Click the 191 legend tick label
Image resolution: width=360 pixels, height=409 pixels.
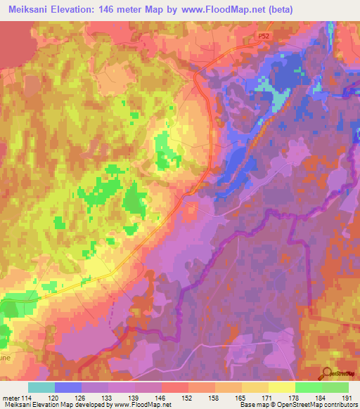pos(346,397)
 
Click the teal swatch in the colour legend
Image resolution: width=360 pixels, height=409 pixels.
pos(41,387)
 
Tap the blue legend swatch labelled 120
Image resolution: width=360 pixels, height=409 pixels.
pos(68,387)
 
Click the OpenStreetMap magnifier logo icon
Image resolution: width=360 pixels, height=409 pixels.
pos(326,373)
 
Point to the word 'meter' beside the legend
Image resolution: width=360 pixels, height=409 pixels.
pos(10,397)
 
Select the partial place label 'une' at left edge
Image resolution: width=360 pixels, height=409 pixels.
pos(6,356)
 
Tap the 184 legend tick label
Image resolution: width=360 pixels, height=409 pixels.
pos(321,397)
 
